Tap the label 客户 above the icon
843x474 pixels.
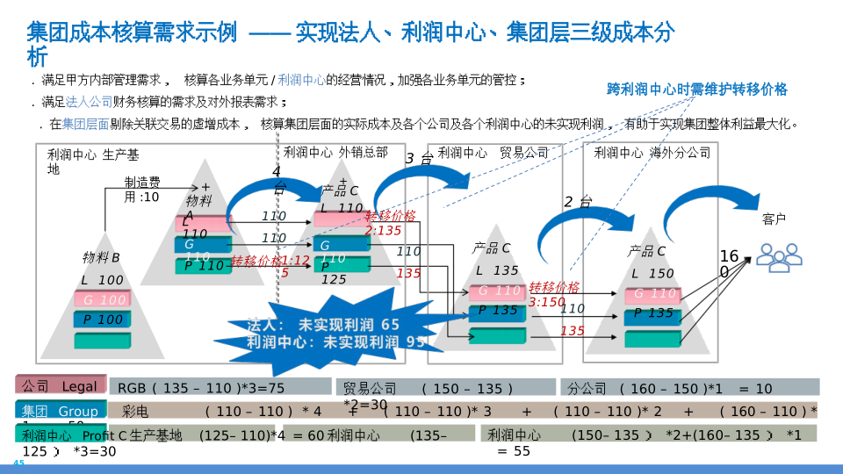click(774, 219)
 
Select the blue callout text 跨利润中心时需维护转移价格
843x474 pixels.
click(697, 90)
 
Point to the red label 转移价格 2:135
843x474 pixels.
click(384, 223)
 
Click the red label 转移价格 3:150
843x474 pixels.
click(553, 294)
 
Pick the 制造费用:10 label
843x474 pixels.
click(141, 190)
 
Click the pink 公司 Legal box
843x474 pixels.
click(60, 386)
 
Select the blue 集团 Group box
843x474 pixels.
click(60, 411)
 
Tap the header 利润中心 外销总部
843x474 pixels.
click(335, 153)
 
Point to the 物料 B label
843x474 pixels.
click(101, 258)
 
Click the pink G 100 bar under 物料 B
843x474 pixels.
click(103, 299)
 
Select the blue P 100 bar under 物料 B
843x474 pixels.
click(103, 320)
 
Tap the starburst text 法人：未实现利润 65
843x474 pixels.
click(322, 325)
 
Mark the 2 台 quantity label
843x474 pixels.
click(577, 203)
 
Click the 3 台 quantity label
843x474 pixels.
click(418, 159)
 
